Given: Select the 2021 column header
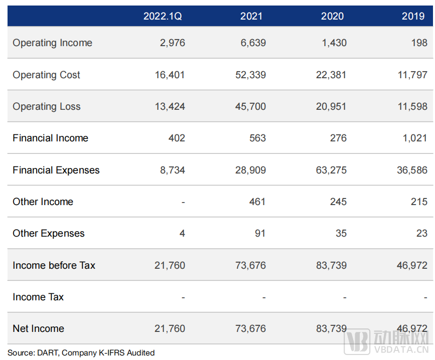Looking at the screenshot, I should point(251,16).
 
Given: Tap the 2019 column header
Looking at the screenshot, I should point(413,16).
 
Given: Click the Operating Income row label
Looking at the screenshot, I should point(53,43).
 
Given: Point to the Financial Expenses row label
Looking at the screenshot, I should point(56,170).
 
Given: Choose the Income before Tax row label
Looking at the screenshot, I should point(54,265).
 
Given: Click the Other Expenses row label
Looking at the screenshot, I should point(49,233).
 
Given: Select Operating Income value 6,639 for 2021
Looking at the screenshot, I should point(253,43).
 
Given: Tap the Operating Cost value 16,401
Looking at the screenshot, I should point(170,75).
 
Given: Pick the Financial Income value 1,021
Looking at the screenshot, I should point(414,138).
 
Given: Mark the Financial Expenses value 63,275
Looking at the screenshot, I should point(331,170).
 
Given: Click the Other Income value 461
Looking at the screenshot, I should point(257,202).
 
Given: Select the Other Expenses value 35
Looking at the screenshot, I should point(341,233).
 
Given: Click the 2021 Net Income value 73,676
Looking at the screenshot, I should point(250,328).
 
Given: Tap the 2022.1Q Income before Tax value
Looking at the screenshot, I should point(170,265).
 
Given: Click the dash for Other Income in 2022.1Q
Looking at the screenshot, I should point(183,202).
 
